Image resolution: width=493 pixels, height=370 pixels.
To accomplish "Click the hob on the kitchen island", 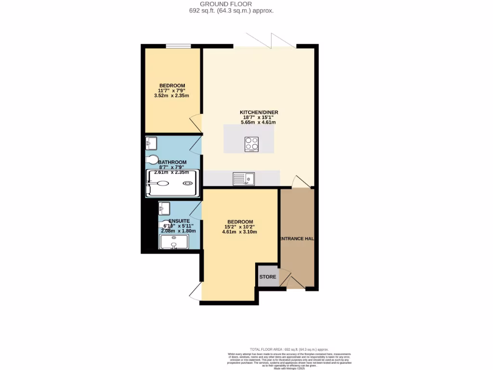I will click(251, 144).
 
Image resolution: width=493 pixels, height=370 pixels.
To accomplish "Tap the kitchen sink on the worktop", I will click(244, 179).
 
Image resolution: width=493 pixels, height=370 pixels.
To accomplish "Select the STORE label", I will click(268, 277).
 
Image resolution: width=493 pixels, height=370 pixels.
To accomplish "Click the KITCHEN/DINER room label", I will click(259, 112).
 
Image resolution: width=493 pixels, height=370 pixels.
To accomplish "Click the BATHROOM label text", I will click(172, 162).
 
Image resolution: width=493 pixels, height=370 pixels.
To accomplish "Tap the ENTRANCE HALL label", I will click(297, 238).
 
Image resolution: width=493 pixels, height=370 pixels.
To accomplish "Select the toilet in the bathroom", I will click(152, 159).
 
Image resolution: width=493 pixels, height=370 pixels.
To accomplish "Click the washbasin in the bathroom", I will click(151, 142).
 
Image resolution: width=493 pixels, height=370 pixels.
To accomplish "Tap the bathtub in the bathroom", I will click(172, 184).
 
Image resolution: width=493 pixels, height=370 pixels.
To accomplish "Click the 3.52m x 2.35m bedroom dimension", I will click(171, 95).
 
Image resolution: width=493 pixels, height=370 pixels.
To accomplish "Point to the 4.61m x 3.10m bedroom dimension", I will click(239, 232).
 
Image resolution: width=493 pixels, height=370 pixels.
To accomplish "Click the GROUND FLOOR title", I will click(233, 4).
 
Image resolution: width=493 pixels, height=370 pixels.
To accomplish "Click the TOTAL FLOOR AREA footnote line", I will click(289, 349).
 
